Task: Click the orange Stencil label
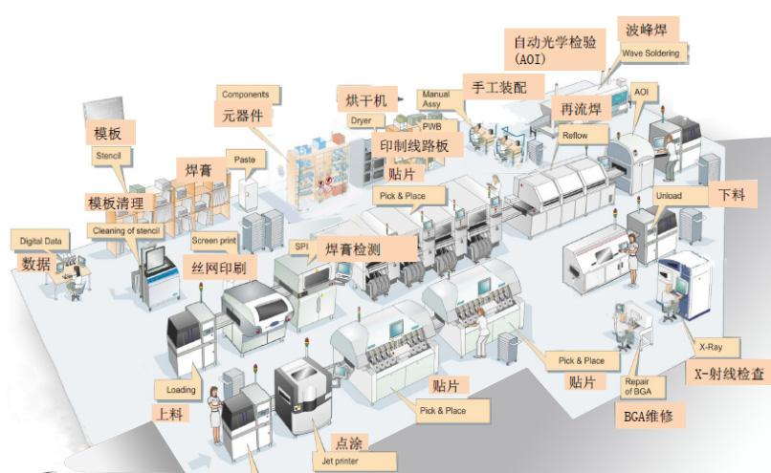(x=104, y=153)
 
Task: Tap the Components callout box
(x=249, y=95)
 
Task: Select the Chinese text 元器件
(x=243, y=116)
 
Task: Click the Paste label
(x=243, y=159)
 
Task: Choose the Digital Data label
(x=39, y=241)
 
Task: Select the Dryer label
(x=361, y=121)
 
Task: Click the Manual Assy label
(x=435, y=100)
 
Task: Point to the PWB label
(x=432, y=125)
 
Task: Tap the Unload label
(x=669, y=195)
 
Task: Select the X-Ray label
(x=711, y=348)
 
